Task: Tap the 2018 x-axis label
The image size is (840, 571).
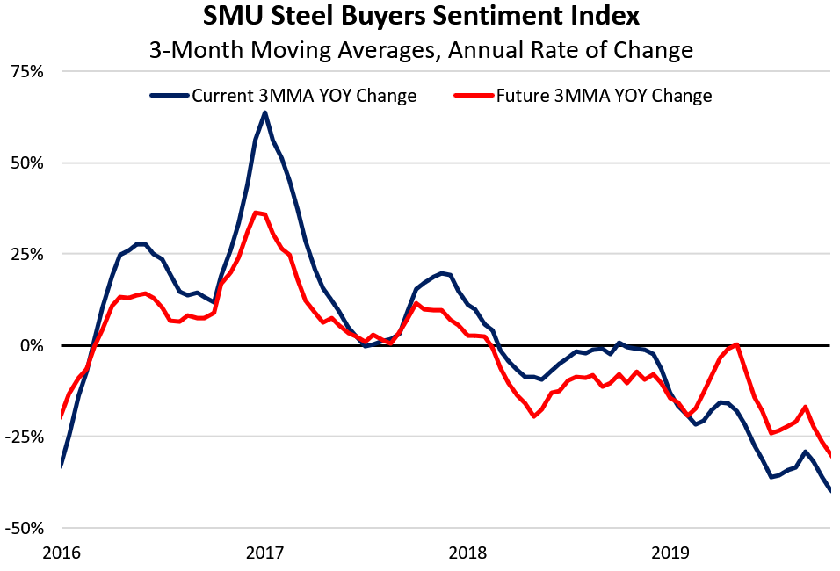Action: (x=469, y=553)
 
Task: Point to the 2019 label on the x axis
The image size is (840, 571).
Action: (x=673, y=553)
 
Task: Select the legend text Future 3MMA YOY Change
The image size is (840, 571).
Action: (x=605, y=96)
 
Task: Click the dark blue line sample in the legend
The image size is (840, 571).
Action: (x=169, y=96)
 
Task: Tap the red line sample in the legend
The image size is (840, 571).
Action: (x=474, y=96)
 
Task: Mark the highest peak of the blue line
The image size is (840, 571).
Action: (x=264, y=112)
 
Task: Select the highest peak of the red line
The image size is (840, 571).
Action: (x=255, y=213)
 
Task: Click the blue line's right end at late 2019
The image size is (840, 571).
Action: (x=831, y=491)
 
